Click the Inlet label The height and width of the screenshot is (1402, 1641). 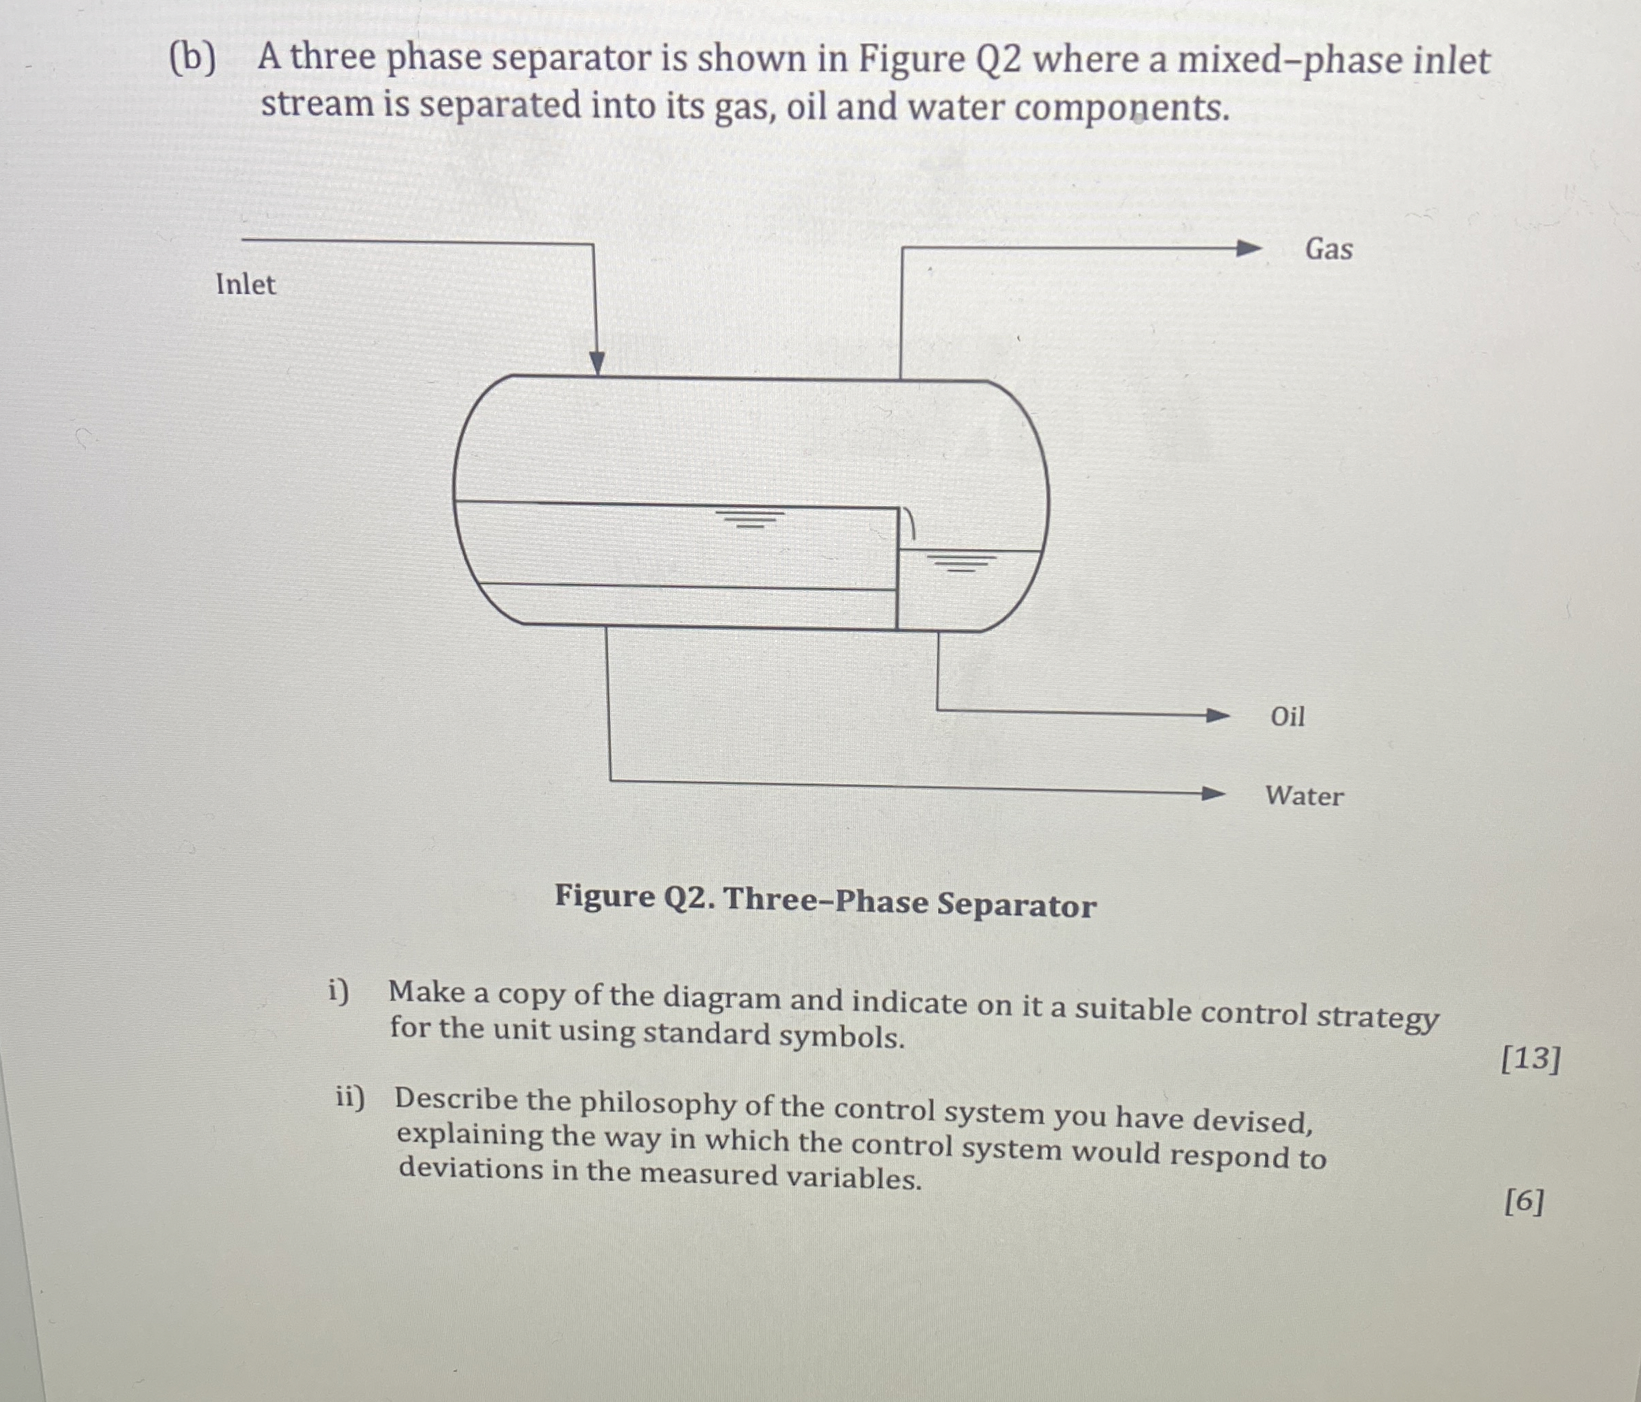coord(246,285)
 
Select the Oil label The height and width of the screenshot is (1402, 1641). coord(1287,717)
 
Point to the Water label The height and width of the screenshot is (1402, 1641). coord(1304,795)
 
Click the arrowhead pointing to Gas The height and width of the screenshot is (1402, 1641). coord(1249,248)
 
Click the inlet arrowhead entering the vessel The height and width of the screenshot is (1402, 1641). coord(597,362)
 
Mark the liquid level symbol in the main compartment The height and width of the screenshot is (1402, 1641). coord(749,519)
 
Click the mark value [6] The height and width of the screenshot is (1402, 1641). coord(1524,1202)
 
